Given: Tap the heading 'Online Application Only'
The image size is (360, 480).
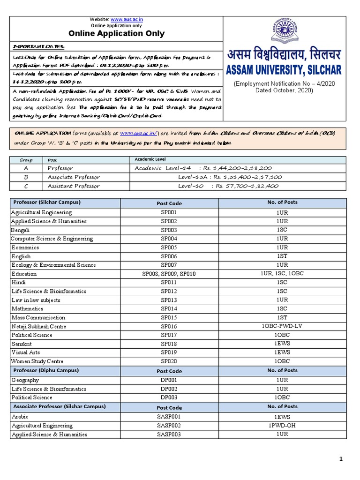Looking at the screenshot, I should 117,33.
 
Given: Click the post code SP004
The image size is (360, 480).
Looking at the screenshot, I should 169,239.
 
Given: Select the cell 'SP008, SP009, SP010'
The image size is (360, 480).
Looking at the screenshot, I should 169,274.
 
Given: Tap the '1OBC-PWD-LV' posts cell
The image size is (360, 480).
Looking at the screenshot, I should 282,327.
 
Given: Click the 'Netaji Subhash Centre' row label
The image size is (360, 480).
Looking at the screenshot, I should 39,327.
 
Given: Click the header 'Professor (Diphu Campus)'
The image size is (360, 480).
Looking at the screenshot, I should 46,370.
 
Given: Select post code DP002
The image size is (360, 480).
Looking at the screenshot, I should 169,389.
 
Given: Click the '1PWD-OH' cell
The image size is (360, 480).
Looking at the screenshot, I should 282,426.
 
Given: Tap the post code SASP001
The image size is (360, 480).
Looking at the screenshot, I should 169,417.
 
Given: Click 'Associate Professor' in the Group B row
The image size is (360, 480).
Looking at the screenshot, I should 74,177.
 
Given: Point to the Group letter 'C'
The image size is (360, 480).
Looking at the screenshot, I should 26,186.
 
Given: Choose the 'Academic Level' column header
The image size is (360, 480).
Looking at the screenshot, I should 150,159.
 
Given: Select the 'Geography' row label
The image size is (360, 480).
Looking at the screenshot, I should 25,380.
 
